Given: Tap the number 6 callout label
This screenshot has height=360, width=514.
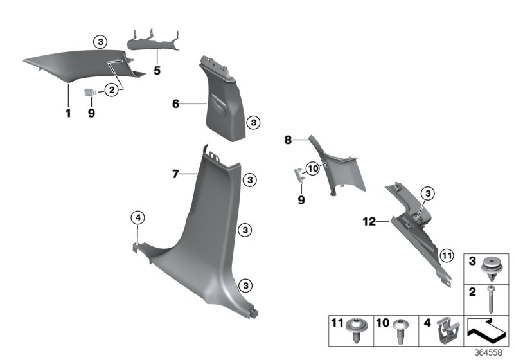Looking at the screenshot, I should pyautogui.click(x=175, y=103).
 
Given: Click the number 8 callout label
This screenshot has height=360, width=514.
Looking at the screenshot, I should pyautogui.click(x=288, y=139).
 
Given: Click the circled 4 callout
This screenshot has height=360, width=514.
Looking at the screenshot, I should pyautogui.click(x=137, y=217).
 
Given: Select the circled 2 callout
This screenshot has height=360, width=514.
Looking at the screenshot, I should pyautogui.click(x=112, y=91).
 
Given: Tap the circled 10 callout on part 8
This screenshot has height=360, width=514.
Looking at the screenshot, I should pyautogui.click(x=313, y=168).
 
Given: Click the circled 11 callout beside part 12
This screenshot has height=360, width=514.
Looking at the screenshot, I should pyautogui.click(x=447, y=256).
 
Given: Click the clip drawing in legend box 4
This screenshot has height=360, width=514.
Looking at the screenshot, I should pyautogui.click(x=445, y=332).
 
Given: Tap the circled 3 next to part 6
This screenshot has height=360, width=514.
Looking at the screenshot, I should pyautogui.click(x=253, y=122).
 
